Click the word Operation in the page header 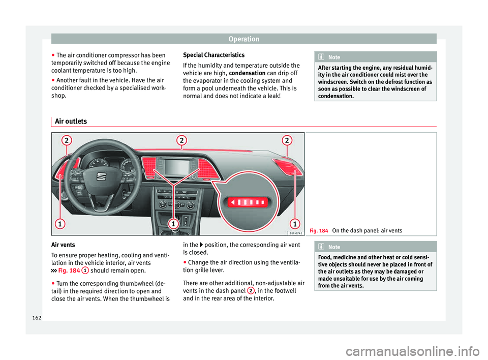click(243, 39)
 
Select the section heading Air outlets click(70, 121)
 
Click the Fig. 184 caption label click(319, 231)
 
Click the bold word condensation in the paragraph click(247, 72)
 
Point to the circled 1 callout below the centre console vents click(173, 224)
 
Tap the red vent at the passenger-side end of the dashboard click(288, 167)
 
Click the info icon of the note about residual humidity click(323, 57)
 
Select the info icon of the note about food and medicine click(323, 247)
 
